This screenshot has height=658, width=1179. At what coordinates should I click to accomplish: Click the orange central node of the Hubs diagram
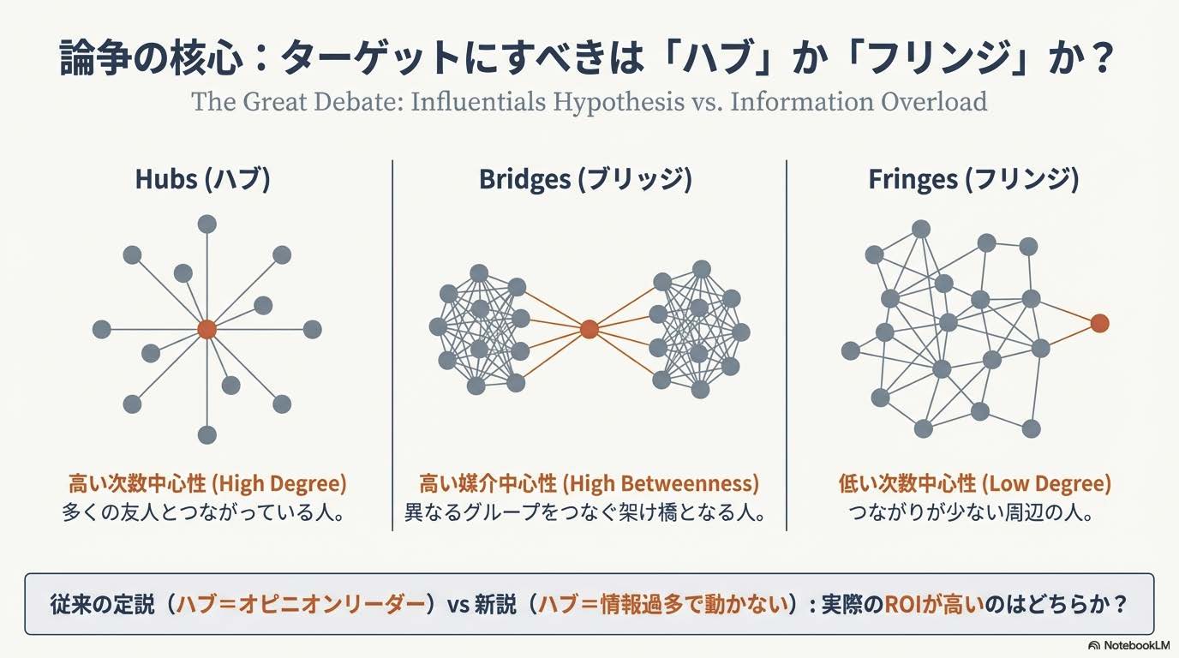click(x=206, y=330)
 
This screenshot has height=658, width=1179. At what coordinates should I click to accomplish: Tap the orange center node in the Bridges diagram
click(x=589, y=330)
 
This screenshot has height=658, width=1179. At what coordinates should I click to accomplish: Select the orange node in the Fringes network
click(x=1099, y=323)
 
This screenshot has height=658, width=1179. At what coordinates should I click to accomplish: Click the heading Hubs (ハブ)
click(x=202, y=179)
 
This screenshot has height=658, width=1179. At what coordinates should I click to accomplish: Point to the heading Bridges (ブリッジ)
click(x=585, y=179)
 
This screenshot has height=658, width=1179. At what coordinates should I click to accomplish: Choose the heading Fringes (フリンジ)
click(x=973, y=179)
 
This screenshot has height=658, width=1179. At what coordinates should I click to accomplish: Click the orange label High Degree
click(x=279, y=483)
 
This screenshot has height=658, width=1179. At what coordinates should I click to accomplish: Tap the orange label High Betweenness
click(x=661, y=483)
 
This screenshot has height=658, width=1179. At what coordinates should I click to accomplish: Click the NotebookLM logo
click(x=1128, y=645)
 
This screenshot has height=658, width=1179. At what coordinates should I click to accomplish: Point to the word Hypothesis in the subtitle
click(x=618, y=102)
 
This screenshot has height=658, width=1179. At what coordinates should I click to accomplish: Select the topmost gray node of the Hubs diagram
click(x=206, y=224)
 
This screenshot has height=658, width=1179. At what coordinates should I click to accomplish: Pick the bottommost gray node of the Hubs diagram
click(x=206, y=435)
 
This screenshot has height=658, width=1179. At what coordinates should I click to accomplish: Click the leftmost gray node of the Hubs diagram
click(x=102, y=330)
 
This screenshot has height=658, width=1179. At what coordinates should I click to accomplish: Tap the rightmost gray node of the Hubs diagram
click(x=312, y=330)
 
